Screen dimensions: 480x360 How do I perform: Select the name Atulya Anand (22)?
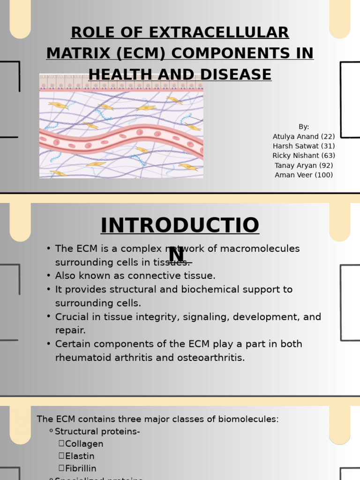(x=304, y=136)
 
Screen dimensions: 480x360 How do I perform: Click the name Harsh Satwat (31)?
(x=304, y=146)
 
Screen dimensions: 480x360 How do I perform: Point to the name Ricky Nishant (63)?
(x=304, y=156)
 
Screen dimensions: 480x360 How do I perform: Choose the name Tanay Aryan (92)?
(x=304, y=165)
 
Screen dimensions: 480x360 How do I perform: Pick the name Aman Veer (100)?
(x=304, y=175)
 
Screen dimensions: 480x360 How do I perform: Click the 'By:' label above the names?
(x=304, y=127)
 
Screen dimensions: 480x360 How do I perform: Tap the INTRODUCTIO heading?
(x=180, y=225)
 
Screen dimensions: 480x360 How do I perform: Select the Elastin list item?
(x=80, y=456)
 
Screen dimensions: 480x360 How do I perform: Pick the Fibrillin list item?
(x=81, y=468)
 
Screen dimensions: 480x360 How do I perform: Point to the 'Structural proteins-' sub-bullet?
(x=97, y=432)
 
